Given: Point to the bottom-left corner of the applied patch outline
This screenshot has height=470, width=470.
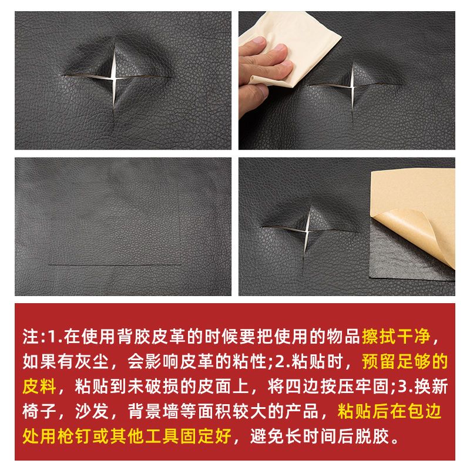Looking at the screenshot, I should [51, 265].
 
